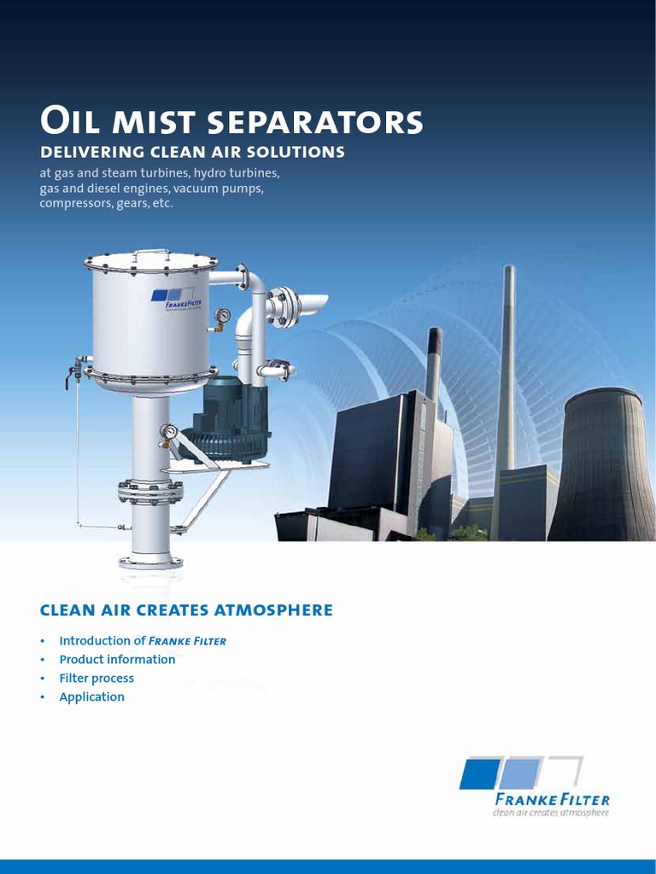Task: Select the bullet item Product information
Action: (x=117, y=659)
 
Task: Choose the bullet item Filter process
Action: (x=97, y=678)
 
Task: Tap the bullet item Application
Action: (x=91, y=696)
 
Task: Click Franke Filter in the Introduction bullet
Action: (x=187, y=641)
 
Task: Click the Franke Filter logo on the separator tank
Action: (x=177, y=298)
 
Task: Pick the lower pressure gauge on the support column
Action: (x=169, y=433)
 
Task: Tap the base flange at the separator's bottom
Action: (x=150, y=562)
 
